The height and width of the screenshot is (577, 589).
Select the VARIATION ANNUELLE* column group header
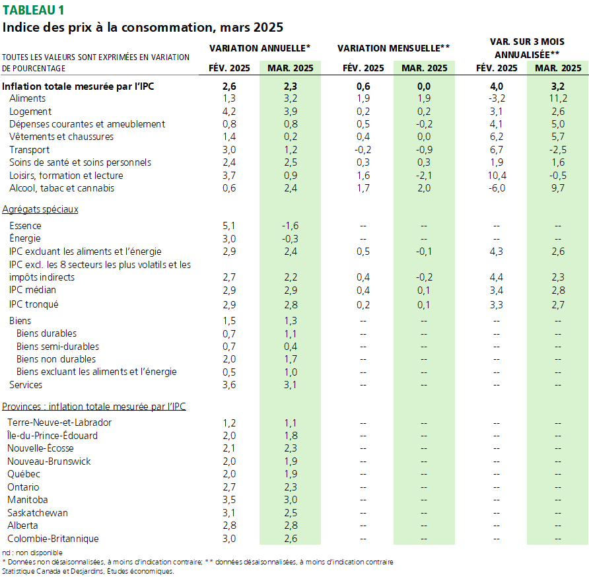(x=260, y=48)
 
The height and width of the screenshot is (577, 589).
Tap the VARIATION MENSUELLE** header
(x=394, y=48)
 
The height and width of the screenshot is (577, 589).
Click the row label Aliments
(x=27, y=98)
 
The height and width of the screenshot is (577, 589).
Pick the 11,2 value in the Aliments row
(x=558, y=98)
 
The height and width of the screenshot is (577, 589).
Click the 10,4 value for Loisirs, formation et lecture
(x=497, y=176)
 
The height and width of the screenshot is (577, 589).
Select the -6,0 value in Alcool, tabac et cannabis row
(x=497, y=188)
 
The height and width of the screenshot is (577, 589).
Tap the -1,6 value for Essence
(x=290, y=226)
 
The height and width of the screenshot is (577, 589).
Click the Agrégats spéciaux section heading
(x=40, y=209)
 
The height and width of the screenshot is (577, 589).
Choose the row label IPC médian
(x=32, y=290)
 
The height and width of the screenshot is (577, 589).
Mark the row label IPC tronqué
(x=34, y=304)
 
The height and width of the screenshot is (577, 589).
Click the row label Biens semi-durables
(x=57, y=347)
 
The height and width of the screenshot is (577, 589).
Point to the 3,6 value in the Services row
(x=229, y=385)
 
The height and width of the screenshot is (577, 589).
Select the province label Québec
(x=24, y=474)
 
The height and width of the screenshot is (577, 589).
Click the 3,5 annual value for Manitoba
(x=229, y=500)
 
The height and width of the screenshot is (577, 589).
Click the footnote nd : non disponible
(x=32, y=553)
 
